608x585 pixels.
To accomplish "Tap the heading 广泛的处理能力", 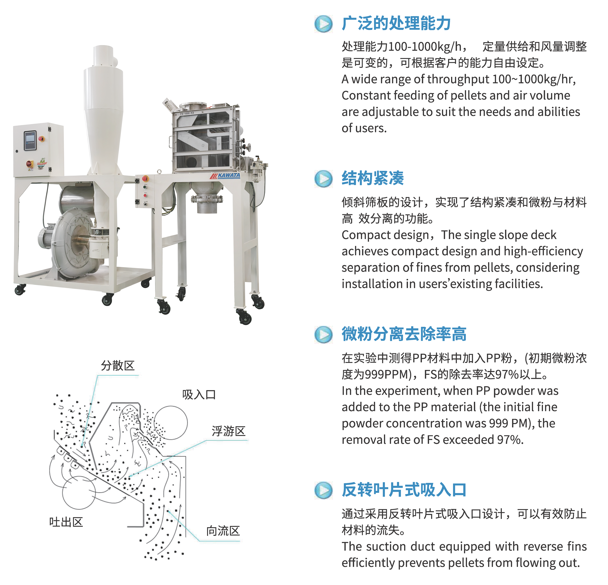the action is [396, 24].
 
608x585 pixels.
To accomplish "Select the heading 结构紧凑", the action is [373, 178].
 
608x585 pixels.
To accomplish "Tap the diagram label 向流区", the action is [223, 531].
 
